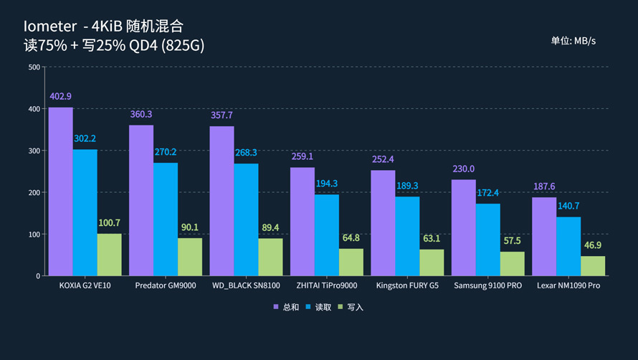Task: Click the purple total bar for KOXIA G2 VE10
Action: (x=60, y=191)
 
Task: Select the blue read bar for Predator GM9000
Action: (x=166, y=219)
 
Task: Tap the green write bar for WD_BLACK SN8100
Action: (x=270, y=257)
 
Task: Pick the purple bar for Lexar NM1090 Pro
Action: (x=544, y=237)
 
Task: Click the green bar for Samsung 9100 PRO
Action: (x=512, y=264)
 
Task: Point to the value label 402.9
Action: (x=60, y=97)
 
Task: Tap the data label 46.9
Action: (x=593, y=245)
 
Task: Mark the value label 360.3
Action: (x=141, y=115)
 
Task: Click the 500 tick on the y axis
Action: (x=34, y=67)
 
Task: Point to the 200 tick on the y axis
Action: (x=34, y=193)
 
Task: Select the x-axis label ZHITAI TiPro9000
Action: (x=326, y=286)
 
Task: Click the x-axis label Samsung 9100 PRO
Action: (x=487, y=286)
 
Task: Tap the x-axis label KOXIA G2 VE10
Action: (x=85, y=286)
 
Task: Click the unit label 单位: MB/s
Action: (x=573, y=41)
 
